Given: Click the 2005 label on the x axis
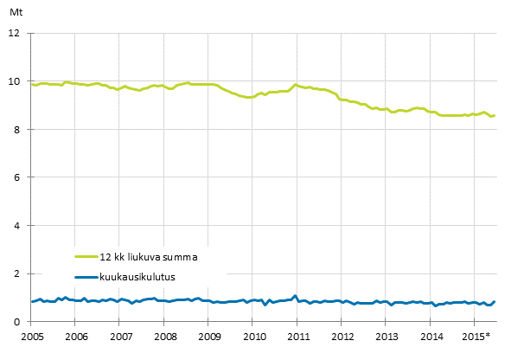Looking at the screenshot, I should pyautogui.click(x=31, y=336).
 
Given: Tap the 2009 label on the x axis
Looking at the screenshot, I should pyautogui.click(x=209, y=336).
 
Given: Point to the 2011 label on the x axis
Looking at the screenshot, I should pyautogui.click(x=298, y=336).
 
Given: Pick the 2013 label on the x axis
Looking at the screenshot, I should pyautogui.click(x=387, y=336).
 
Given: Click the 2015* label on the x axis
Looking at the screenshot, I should pyautogui.click(x=476, y=336).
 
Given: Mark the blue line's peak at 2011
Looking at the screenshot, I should pyautogui.click(x=295, y=296).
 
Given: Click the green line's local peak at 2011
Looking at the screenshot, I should pyautogui.click(x=296, y=85).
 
